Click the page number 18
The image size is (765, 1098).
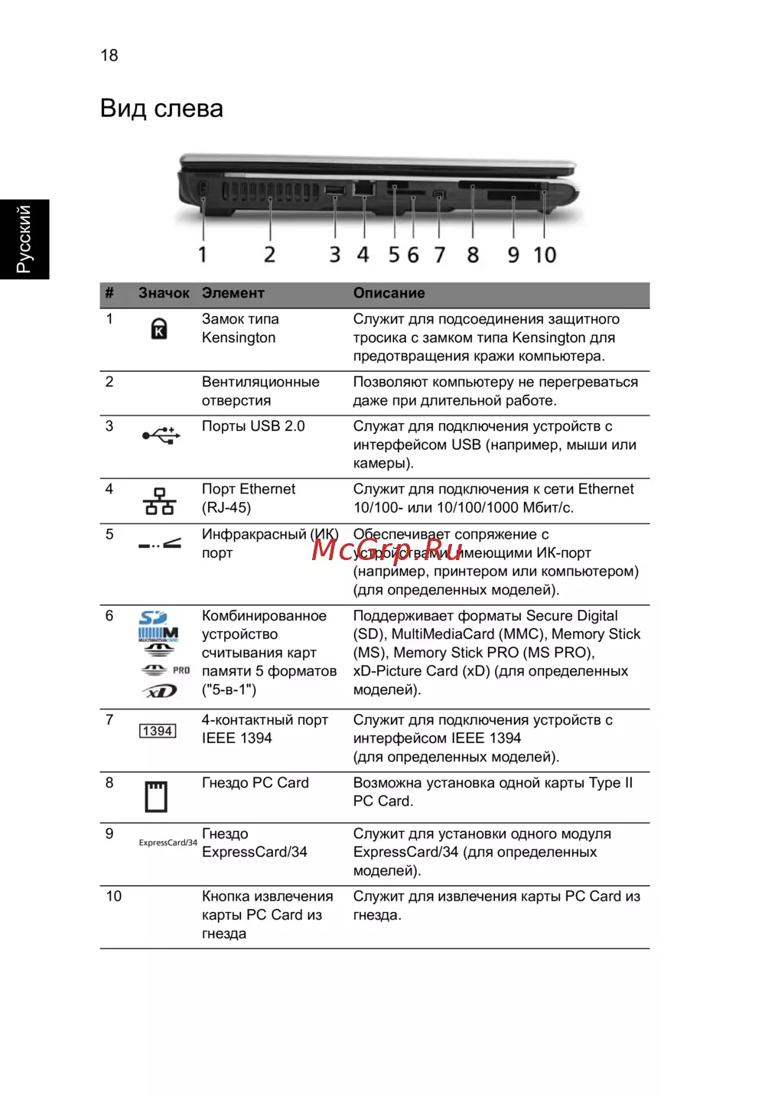click(109, 55)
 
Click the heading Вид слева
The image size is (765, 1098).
click(161, 109)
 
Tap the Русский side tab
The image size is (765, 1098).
click(24, 239)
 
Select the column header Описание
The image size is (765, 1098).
click(389, 293)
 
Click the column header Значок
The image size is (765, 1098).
click(164, 293)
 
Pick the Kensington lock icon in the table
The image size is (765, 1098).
click(158, 328)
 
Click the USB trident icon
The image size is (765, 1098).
click(161, 435)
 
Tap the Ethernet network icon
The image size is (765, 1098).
click(159, 501)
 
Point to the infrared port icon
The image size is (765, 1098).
click(159, 544)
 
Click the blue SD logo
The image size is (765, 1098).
click(153, 617)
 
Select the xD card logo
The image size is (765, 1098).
click(160, 692)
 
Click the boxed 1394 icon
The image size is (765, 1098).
click(158, 731)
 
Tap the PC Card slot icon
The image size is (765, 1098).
click(156, 796)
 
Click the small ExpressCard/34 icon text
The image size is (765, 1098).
click(168, 842)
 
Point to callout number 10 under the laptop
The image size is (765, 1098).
click(545, 255)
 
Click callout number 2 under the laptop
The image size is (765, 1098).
click(269, 255)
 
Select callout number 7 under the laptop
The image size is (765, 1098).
click(439, 255)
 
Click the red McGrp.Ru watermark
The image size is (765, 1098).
click(387, 549)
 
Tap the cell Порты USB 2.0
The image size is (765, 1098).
click(253, 426)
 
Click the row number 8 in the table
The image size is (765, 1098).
click(109, 783)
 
